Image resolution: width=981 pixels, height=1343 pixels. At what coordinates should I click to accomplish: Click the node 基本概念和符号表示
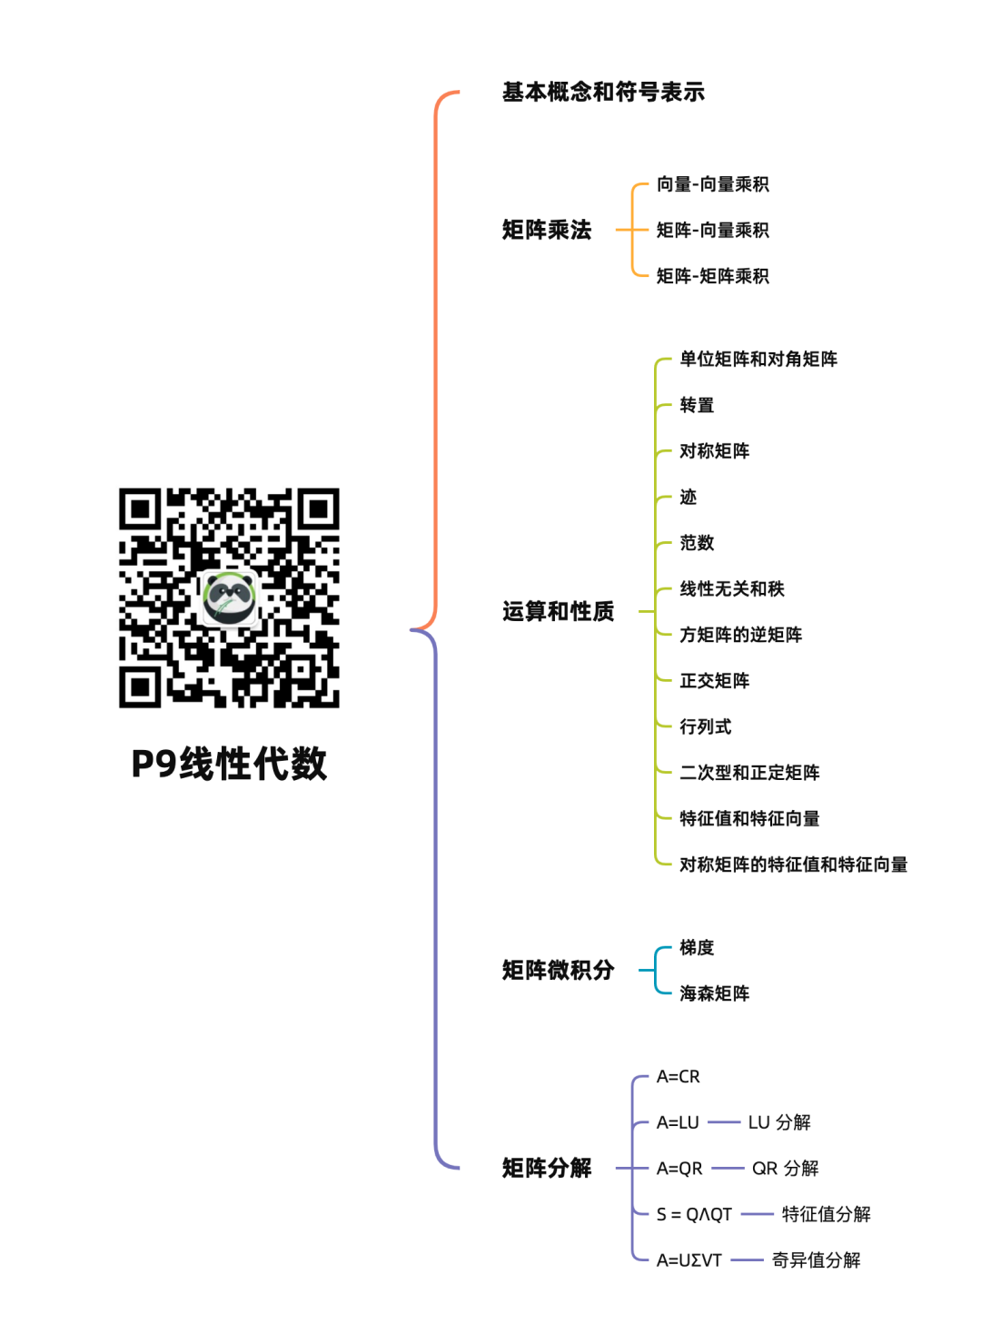click(603, 92)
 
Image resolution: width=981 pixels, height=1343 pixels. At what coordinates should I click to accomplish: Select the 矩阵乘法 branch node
click(547, 230)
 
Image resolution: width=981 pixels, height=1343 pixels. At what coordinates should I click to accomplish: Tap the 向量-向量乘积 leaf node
click(712, 184)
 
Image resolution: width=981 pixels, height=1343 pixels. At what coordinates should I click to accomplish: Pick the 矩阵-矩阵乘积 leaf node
click(712, 276)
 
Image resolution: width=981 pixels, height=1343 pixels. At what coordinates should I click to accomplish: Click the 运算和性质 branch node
click(559, 611)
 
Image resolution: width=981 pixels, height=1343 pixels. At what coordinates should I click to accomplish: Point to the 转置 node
click(697, 405)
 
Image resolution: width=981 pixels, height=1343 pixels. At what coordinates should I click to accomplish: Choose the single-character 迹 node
click(688, 497)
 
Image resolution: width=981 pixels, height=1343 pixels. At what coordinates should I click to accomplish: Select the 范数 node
click(697, 543)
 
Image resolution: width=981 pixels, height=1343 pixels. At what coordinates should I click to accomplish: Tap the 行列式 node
click(706, 726)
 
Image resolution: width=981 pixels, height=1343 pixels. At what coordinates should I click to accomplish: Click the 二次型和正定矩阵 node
click(749, 773)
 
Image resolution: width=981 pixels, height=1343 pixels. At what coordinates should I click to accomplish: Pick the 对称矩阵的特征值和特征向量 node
click(793, 864)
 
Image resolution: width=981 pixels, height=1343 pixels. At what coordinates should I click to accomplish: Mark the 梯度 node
click(697, 947)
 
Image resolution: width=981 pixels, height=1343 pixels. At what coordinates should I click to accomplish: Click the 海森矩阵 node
click(714, 993)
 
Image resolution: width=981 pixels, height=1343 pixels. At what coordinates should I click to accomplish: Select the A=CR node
click(679, 1077)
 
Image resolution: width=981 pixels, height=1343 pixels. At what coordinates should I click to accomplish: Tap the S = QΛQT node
click(694, 1214)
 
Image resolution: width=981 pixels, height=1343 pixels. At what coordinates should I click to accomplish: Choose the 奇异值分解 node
click(816, 1260)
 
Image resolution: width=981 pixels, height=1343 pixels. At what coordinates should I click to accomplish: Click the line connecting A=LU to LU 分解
click(724, 1122)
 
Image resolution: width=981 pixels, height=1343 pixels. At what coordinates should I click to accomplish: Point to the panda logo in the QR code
click(229, 598)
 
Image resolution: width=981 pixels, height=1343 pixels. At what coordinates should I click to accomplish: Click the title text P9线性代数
click(229, 764)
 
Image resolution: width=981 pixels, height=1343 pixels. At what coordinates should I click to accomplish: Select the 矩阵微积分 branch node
click(559, 970)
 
